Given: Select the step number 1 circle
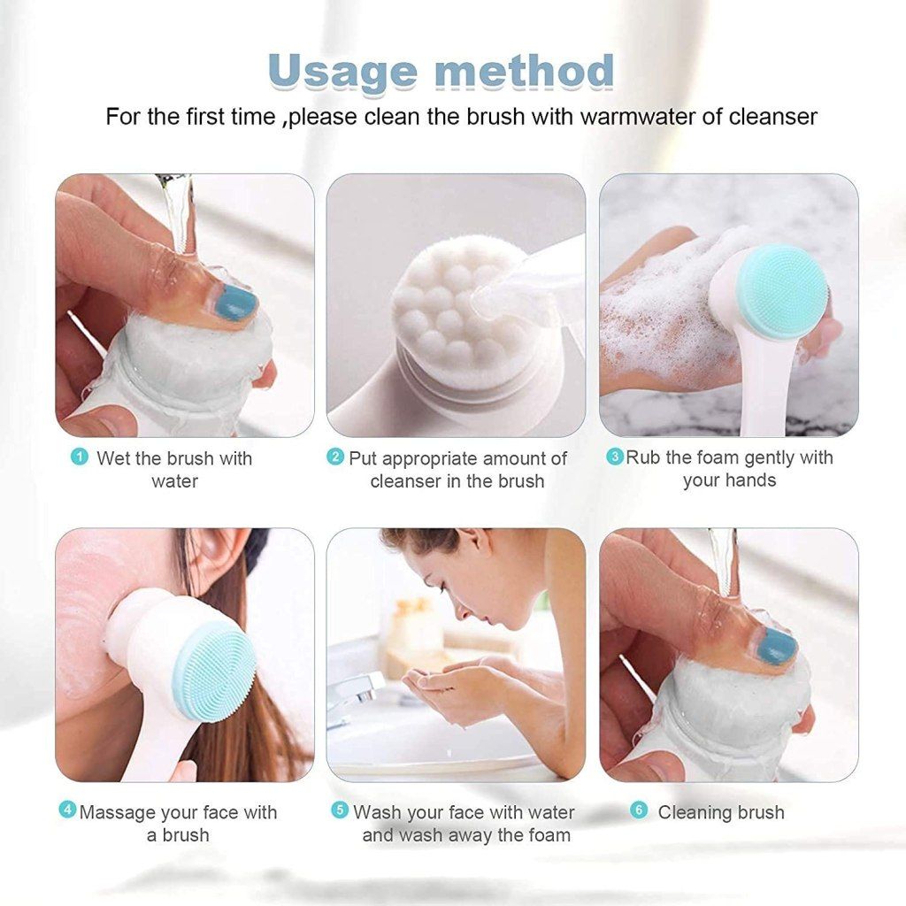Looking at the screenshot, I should tap(81, 457).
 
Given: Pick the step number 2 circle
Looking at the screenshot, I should tap(335, 457).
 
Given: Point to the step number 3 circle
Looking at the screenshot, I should tap(614, 457).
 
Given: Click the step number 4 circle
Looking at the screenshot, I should tap(67, 810).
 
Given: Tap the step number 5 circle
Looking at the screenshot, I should tap(340, 810).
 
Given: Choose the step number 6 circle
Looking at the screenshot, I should tap(639, 810).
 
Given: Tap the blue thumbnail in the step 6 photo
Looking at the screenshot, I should tap(777, 646).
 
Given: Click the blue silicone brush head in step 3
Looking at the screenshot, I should tap(782, 292).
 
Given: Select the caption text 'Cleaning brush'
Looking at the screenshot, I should tap(720, 812).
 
